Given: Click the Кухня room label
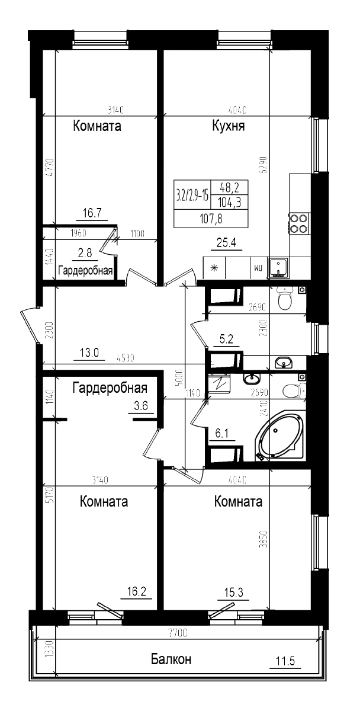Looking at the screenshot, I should click(229, 126).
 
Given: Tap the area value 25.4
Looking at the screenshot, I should click(226, 242).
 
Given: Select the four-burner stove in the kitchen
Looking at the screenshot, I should click(299, 223).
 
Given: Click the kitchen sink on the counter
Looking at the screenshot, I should click(278, 267).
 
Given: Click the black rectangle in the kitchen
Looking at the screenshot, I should click(210, 203).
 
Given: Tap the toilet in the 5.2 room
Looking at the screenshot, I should click(285, 298).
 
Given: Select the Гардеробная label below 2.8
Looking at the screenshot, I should click(85, 271).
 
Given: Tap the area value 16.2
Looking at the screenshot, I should click(137, 591).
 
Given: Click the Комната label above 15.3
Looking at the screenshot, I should click(238, 502).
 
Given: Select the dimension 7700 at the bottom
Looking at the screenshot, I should click(177, 633).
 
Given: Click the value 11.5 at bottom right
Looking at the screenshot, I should click(285, 660).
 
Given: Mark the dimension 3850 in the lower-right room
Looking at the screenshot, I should click(266, 540).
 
